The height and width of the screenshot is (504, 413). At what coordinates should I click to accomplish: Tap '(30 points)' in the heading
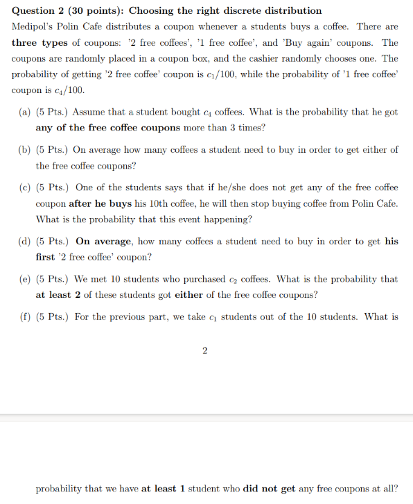pyautogui.click(x=97, y=10)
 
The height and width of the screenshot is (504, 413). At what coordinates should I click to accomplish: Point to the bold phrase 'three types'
pyautogui.click(x=39, y=42)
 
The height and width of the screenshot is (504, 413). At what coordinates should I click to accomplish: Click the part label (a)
pyautogui.click(x=25, y=112)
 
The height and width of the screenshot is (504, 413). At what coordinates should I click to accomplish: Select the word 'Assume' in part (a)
pyautogui.click(x=87, y=112)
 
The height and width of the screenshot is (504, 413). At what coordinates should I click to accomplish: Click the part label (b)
pyautogui.click(x=25, y=149)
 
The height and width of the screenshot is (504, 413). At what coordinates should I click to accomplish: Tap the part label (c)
pyautogui.click(x=25, y=187)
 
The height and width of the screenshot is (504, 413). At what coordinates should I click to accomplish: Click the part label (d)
pyautogui.click(x=25, y=242)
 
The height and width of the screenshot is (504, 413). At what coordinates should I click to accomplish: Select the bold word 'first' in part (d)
pyautogui.click(x=47, y=258)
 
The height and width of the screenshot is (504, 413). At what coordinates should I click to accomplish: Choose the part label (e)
pyautogui.click(x=25, y=279)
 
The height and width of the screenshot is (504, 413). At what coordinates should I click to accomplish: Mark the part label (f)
pyautogui.click(x=25, y=317)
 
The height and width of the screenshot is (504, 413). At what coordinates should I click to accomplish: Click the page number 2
pyautogui.click(x=204, y=351)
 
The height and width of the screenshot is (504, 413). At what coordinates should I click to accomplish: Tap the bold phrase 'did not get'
pyautogui.click(x=267, y=488)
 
